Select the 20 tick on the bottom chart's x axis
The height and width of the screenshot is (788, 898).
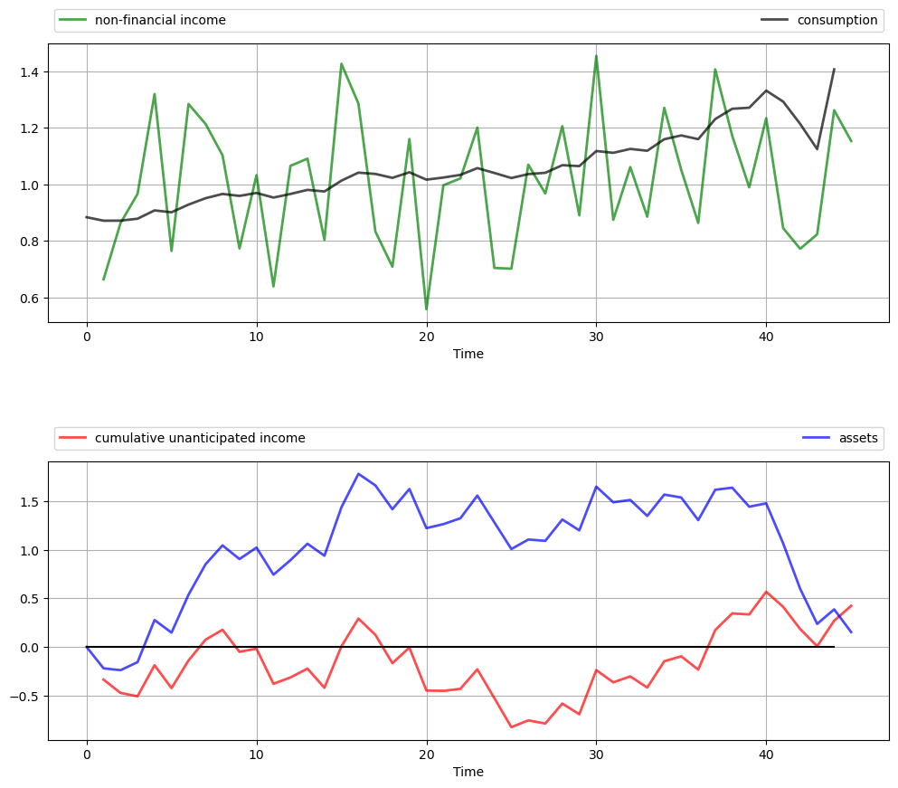(426, 754)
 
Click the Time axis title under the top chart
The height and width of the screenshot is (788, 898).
(468, 354)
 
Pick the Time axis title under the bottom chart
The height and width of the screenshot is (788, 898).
(468, 772)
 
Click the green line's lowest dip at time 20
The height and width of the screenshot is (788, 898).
(426, 309)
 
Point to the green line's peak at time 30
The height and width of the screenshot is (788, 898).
(596, 56)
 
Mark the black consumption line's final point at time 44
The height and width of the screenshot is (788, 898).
(834, 69)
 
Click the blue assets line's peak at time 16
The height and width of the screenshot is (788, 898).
(358, 473)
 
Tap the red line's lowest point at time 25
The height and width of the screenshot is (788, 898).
(511, 727)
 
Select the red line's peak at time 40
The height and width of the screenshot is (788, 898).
(766, 592)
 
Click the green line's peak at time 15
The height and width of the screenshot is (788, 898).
(341, 63)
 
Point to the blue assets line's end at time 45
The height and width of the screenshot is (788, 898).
(851, 631)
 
